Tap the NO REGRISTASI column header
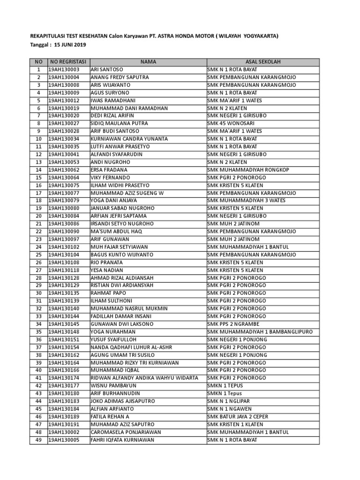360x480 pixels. pyautogui.click(x=68, y=62)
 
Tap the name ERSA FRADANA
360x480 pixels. pyautogui.click(x=109, y=170)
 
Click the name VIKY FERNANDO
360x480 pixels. pyautogui.click(x=110, y=178)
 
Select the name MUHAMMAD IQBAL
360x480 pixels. pyautogui.click(x=112, y=370)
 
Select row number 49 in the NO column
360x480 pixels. pyautogui.click(x=38, y=440)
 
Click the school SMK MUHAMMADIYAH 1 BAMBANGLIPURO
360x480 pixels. pyautogui.click(x=260, y=332)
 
